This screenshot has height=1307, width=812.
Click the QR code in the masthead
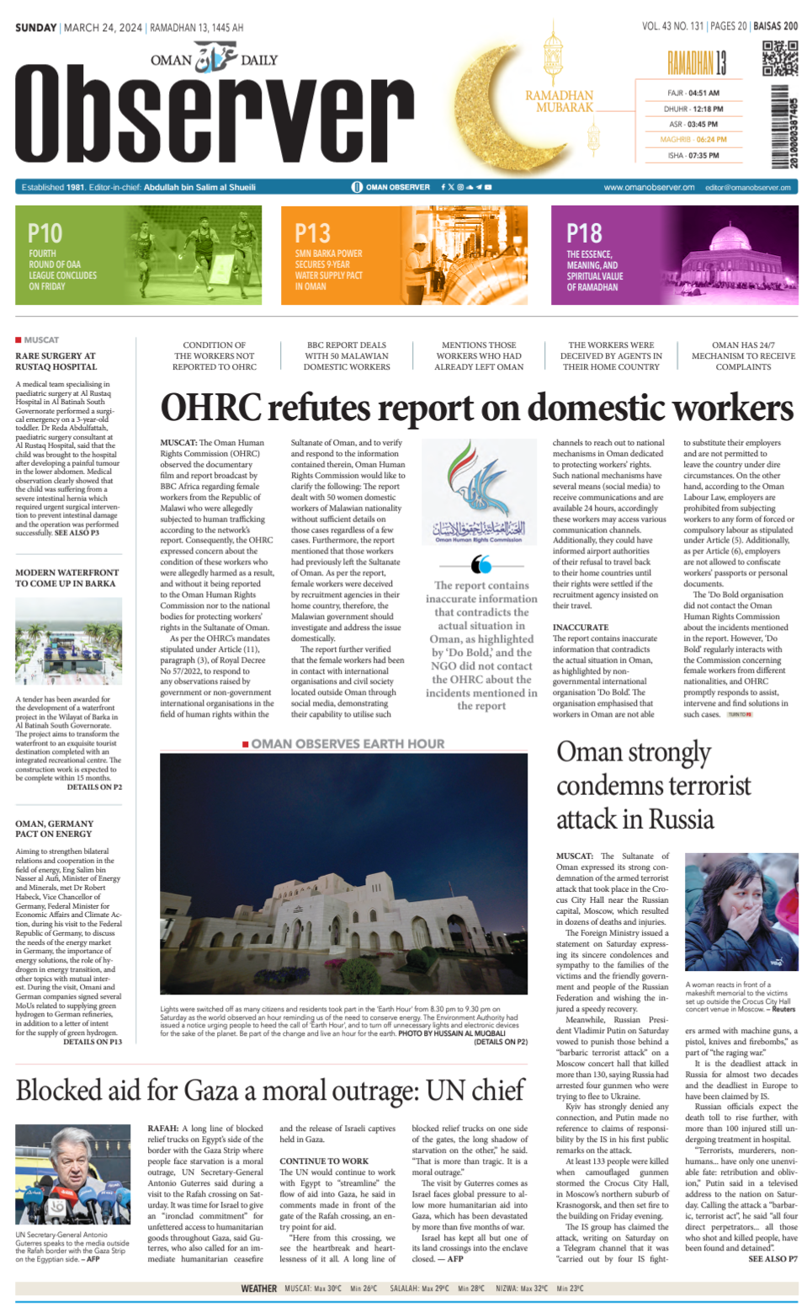tap(779, 60)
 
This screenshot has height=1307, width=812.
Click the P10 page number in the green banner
tap(45, 233)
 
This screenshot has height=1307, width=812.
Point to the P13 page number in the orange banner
tap(312, 233)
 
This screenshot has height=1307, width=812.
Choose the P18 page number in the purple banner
tap(584, 233)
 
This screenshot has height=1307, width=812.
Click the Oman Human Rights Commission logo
tap(479, 492)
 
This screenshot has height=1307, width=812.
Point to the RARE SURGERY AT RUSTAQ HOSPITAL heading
tap(56, 361)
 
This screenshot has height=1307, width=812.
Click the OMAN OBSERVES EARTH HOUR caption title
tap(348, 744)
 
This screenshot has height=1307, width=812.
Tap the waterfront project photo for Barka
tap(68, 642)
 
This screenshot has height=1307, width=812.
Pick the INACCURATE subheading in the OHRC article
tap(581, 627)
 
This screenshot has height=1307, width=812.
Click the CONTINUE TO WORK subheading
tap(324, 1161)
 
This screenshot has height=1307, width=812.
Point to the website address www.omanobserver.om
tap(649, 187)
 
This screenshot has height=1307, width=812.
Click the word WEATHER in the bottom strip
tap(258, 1288)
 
